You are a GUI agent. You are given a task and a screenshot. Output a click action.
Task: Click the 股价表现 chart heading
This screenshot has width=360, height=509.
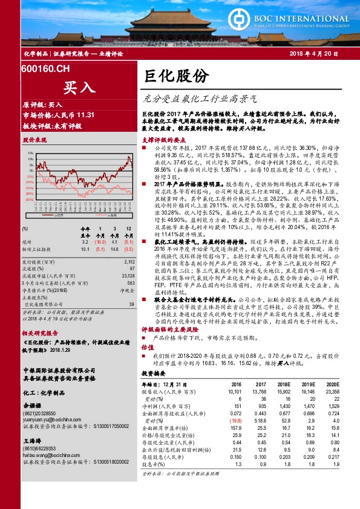[x=34, y=140]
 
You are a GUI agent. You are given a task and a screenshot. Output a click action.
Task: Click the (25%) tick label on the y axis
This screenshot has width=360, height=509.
[x=29, y=198]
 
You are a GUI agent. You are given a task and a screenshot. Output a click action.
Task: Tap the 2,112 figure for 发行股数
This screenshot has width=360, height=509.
[x=128, y=262]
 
